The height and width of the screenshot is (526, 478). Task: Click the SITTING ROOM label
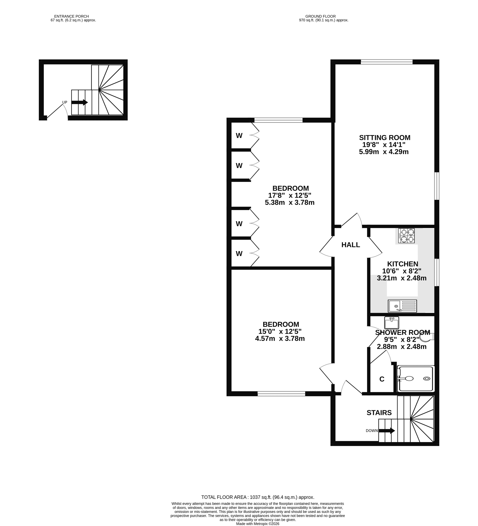tap(385, 138)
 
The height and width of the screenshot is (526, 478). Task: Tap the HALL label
tap(351, 245)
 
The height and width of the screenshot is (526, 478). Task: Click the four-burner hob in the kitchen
tap(406, 236)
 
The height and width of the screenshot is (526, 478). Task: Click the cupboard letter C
tap(382, 379)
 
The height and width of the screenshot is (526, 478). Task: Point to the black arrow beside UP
tap(80, 102)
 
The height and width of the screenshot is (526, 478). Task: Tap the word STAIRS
tap(379, 413)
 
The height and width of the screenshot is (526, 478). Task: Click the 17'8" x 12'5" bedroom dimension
tap(290, 195)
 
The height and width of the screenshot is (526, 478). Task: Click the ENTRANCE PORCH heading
tap(72, 16)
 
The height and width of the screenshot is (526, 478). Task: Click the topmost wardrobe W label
tap(239, 136)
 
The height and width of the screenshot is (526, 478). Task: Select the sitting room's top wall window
tap(387, 62)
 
